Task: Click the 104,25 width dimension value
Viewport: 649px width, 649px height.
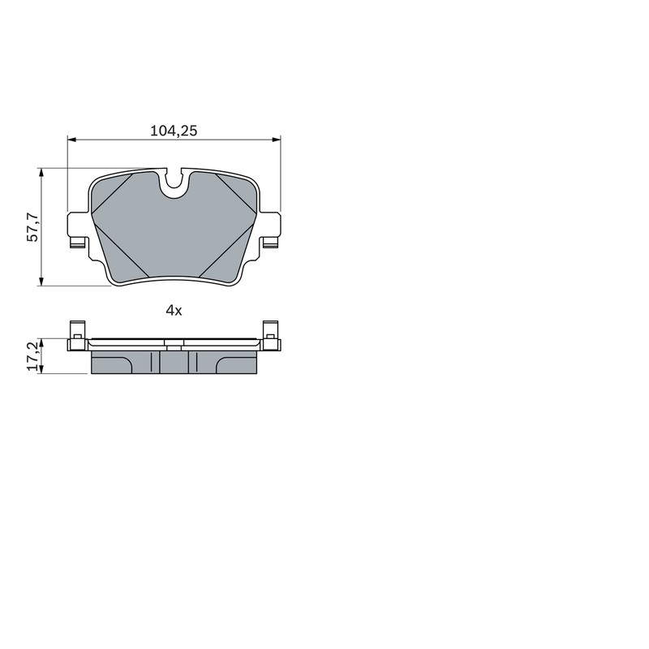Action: [x=174, y=131]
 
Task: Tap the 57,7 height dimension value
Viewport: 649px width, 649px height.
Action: [x=32, y=227]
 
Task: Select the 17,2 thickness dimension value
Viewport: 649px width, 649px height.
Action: [x=32, y=356]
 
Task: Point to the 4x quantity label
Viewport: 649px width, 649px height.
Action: [x=174, y=310]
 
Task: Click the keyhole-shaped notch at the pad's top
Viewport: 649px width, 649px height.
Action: [x=174, y=183]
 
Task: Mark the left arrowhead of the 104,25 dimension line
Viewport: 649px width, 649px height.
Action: [x=72, y=140]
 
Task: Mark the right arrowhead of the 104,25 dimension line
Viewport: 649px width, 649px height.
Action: [x=276, y=140]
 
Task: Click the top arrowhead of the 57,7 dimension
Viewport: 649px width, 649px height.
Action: [x=41, y=174]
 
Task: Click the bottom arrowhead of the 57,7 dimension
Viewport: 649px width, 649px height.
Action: [x=41, y=281]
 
